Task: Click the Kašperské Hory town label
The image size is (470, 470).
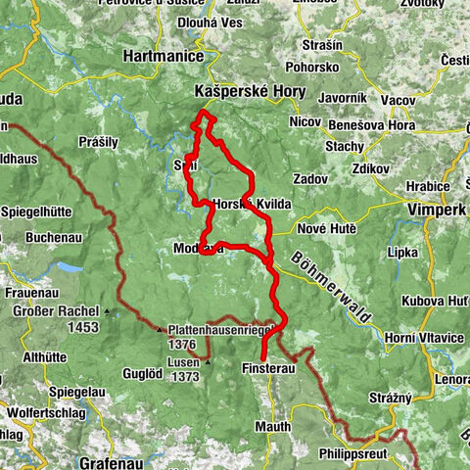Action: pyautogui.click(x=250, y=91)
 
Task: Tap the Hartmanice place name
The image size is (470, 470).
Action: pyautogui.click(x=163, y=58)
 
